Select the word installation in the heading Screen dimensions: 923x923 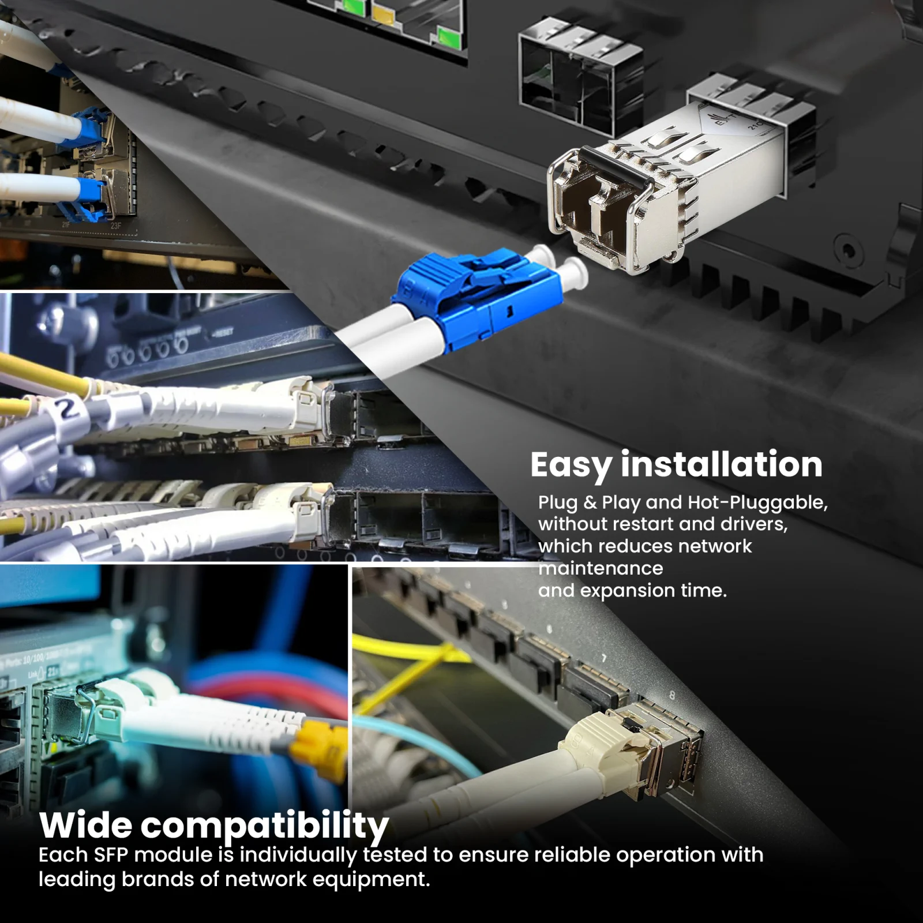(721, 464)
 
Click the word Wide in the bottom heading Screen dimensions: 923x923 (86, 826)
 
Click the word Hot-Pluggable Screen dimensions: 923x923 (757, 503)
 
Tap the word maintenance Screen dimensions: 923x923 (601, 568)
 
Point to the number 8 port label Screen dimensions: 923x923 (671, 696)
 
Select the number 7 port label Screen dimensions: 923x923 (604, 658)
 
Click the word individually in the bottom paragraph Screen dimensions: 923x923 (298, 856)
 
